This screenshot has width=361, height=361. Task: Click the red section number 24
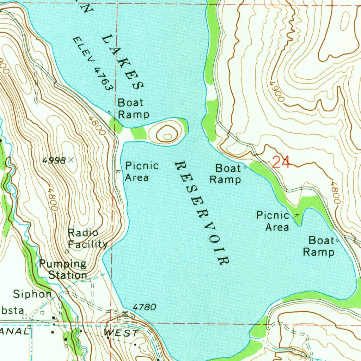[x=281, y=163]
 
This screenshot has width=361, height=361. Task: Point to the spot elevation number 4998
[x=54, y=161]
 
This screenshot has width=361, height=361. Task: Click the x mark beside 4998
[x=72, y=160]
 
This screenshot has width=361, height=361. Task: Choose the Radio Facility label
[x=87, y=238]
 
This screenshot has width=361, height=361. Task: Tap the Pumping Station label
[x=63, y=269]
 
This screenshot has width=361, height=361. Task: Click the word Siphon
[x=32, y=294]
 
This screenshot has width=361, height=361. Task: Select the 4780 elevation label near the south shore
[x=145, y=307]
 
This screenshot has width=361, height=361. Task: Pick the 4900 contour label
[x=276, y=92]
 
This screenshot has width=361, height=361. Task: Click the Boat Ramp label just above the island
[x=133, y=109]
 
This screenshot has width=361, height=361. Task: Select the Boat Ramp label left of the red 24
[x=226, y=173]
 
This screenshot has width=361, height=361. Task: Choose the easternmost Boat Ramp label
[x=319, y=246]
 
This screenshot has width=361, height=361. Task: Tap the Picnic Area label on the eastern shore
[x=273, y=221]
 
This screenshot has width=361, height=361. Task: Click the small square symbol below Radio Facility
[x=67, y=251]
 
